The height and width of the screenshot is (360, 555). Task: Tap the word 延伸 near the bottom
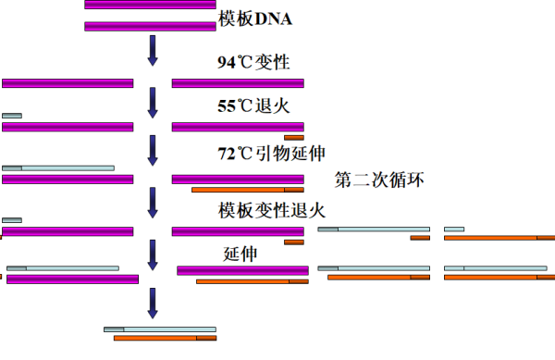pyautogui.click(x=240, y=253)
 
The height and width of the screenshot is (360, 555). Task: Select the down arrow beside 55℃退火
pyautogui.click(x=154, y=101)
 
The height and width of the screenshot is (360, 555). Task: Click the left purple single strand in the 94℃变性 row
pyautogui.click(x=68, y=83)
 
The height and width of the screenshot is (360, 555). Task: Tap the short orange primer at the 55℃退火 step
pyautogui.click(x=294, y=137)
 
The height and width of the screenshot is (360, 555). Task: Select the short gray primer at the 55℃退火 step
pyautogui.click(x=12, y=116)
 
